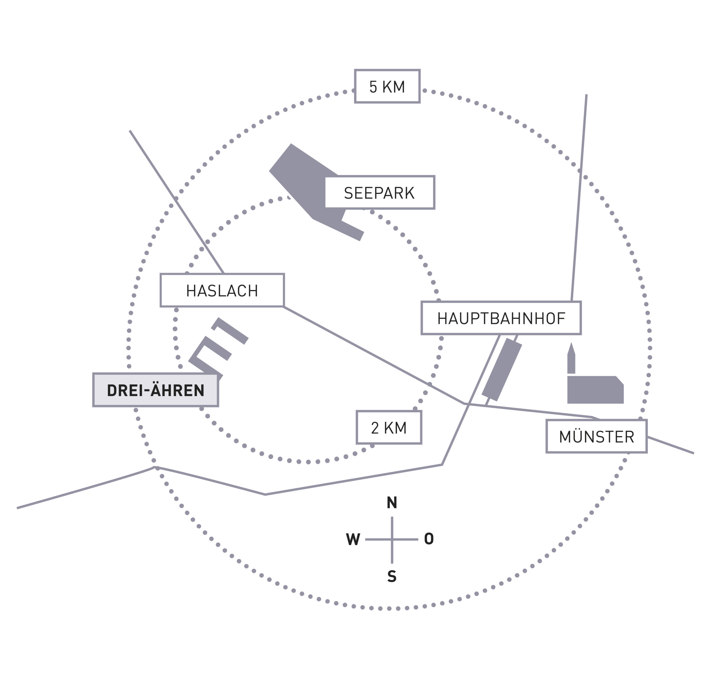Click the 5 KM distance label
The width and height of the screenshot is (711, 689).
click(387, 86)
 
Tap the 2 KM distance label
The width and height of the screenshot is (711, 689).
click(389, 427)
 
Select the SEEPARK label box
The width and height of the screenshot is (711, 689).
click(379, 193)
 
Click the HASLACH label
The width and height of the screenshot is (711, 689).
click(222, 290)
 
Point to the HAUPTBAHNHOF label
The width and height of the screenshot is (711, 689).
click(501, 318)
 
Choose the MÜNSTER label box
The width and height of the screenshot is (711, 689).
click(596, 436)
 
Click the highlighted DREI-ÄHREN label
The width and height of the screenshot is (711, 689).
click(156, 390)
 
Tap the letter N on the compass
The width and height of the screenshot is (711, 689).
click(392, 502)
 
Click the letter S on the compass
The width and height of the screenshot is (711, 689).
click(392, 576)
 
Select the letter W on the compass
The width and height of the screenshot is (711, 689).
click(353, 539)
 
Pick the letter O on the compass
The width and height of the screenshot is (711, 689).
click(429, 539)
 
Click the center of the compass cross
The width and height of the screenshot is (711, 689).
click(392, 539)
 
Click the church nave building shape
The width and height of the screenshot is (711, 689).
click(595, 390)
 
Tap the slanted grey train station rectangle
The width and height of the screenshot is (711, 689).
click(502, 370)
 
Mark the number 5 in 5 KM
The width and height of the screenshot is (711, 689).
click(373, 87)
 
